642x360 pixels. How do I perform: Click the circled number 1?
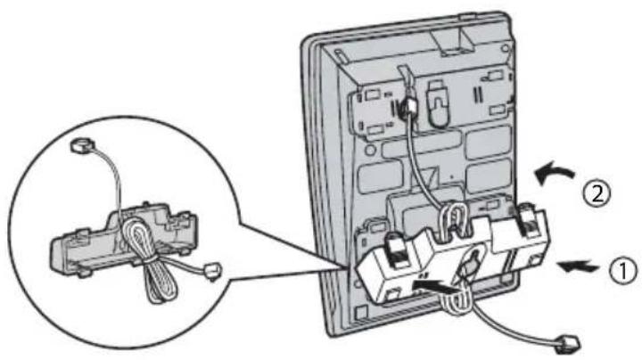tap(623, 270)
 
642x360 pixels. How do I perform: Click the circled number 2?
tap(597, 193)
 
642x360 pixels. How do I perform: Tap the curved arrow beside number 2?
tap(554, 175)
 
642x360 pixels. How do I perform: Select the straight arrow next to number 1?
tap(578, 266)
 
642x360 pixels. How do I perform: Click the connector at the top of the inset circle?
tap(82, 145)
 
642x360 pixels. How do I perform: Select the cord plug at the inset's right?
tap(212, 271)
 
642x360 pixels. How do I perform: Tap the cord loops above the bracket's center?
tap(453, 220)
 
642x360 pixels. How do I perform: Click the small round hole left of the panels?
tap(370, 150)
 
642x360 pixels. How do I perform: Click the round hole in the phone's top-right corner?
tap(506, 48)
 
